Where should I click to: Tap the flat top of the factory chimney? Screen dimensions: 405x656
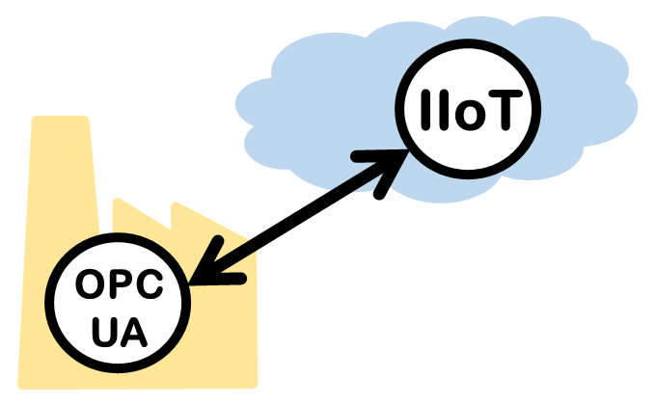coord(60,120)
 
